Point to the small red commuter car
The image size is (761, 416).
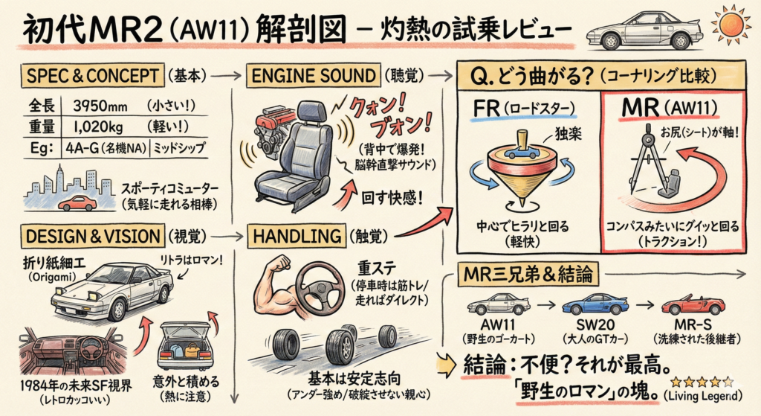click(x=77, y=202)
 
